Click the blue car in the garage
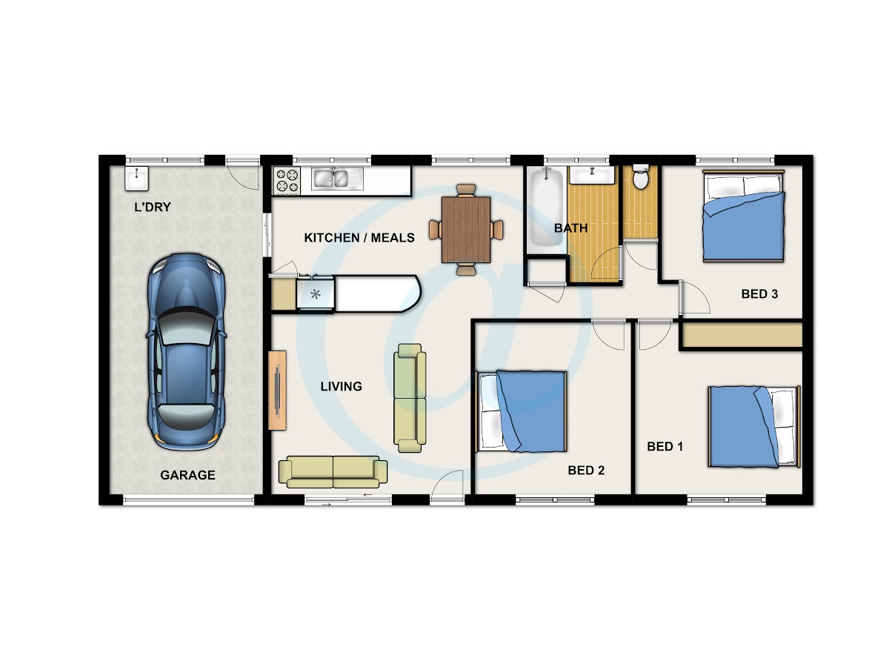(186, 351)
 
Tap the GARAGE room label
(187, 475)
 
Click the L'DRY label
(153, 208)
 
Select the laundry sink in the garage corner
(137, 178)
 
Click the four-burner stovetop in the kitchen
(287, 181)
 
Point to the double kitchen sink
(337, 179)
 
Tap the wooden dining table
(466, 230)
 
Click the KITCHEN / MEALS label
(359, 238)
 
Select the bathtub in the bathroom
(546, 208)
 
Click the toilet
(640, 176)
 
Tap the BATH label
(570, 228)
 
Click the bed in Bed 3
(743, 216)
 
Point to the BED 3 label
(759, 294)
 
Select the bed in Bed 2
(521, 411)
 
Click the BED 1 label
(665, 447)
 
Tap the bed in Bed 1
(754, 426)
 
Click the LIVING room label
(341, 387)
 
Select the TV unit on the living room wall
(277, 391)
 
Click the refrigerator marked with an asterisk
(315, 294)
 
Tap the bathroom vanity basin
(592, 175)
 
